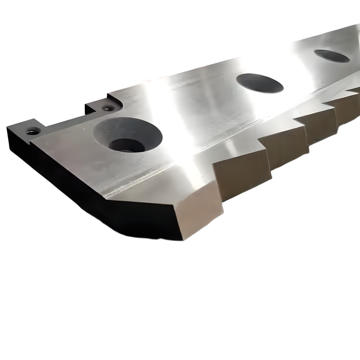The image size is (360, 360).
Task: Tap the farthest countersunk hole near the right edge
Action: pos(332,56)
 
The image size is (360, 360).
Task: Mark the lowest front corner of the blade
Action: pos(183,240)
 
